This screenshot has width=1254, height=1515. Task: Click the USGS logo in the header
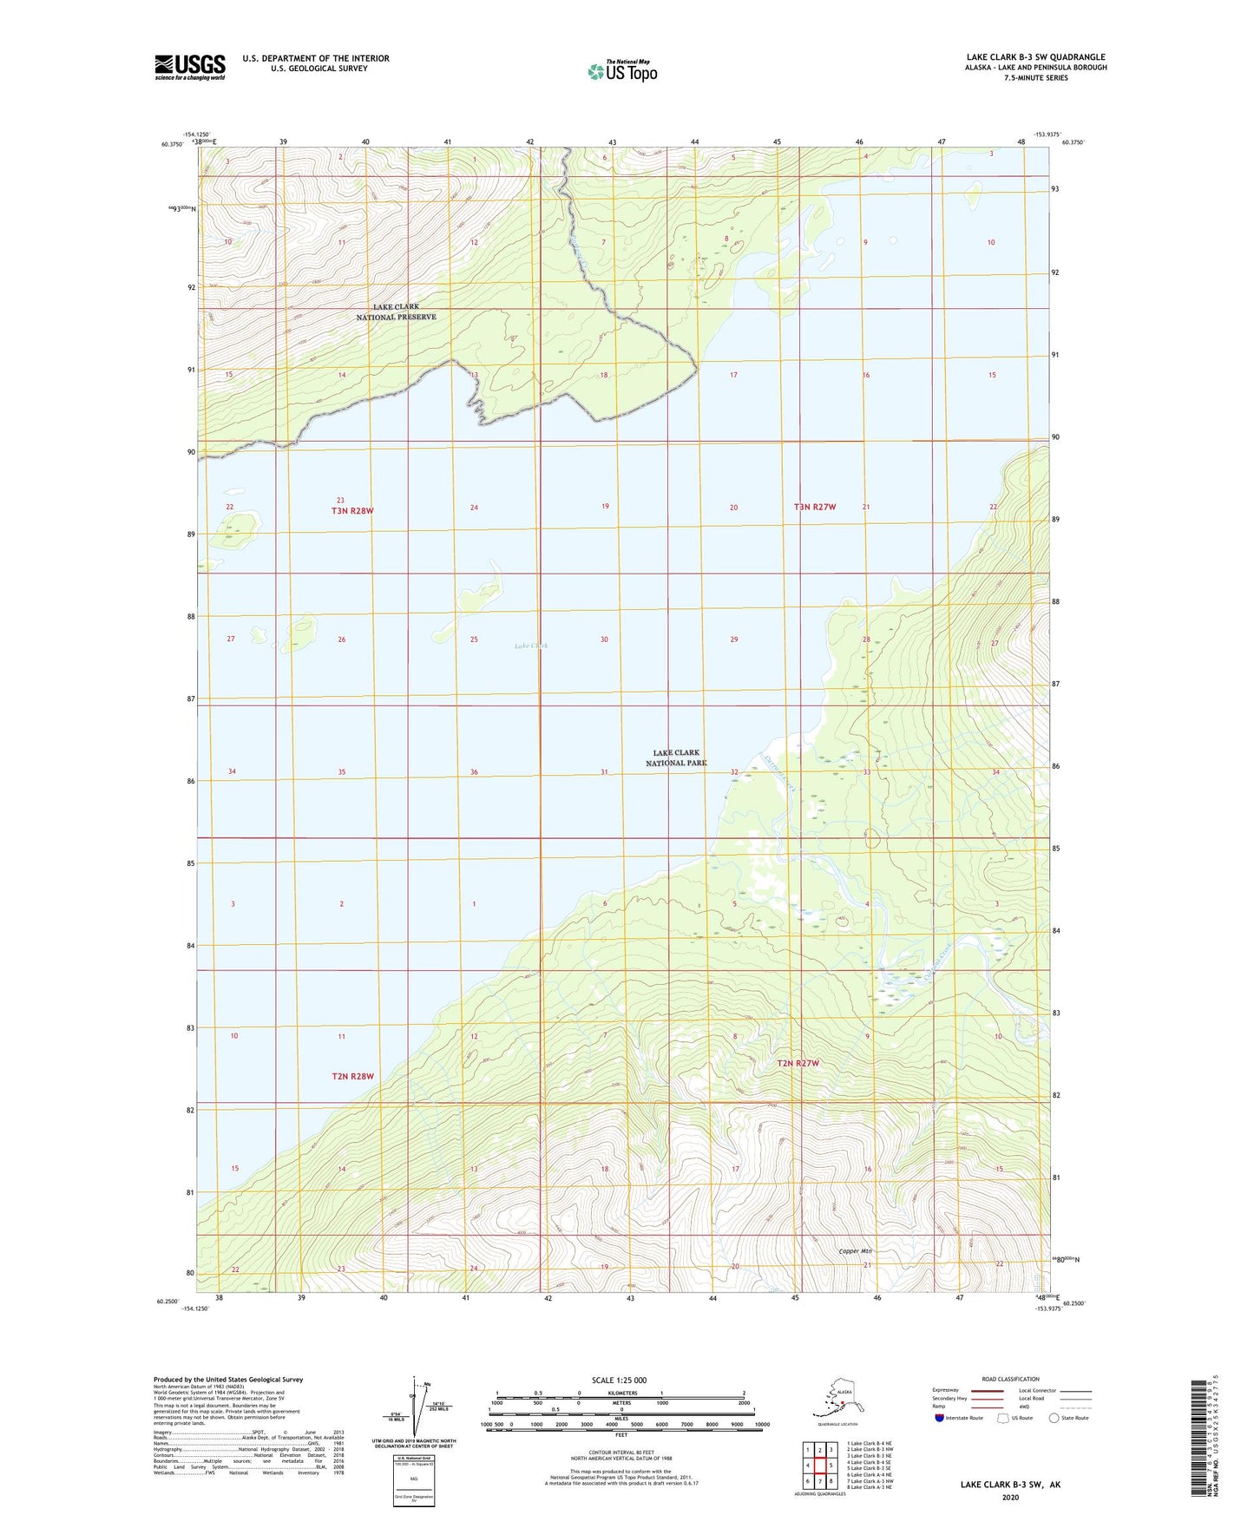click(x=190, y=67)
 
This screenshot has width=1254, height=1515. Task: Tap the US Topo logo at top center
click(x=621, y=71)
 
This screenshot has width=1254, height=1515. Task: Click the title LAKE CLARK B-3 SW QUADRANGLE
click(x=1035, y=57)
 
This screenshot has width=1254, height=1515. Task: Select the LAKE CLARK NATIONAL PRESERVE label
click(x=396, y=312)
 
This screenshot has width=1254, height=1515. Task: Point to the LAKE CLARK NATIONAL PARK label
click(x=676, y=757)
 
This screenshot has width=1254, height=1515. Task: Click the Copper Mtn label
click(x=855, y=1251)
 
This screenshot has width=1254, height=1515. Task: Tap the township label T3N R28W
click(x=352, y=510)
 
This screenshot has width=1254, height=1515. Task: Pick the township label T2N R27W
click(x=798, y=1063)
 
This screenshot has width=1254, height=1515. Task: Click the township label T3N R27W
click(x=814, y=507)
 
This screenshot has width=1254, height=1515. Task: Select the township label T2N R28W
click(x=352, y=1076)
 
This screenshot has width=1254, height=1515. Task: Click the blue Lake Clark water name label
click(x=531, y=646)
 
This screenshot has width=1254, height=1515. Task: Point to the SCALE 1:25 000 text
click(x=620, y=1380)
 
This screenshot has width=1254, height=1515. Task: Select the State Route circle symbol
click(x=1054, y=1419)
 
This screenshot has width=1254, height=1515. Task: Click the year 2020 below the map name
click(x=1010, y=1497)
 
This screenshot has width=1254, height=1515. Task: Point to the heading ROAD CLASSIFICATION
click(x=1010, y=1379)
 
